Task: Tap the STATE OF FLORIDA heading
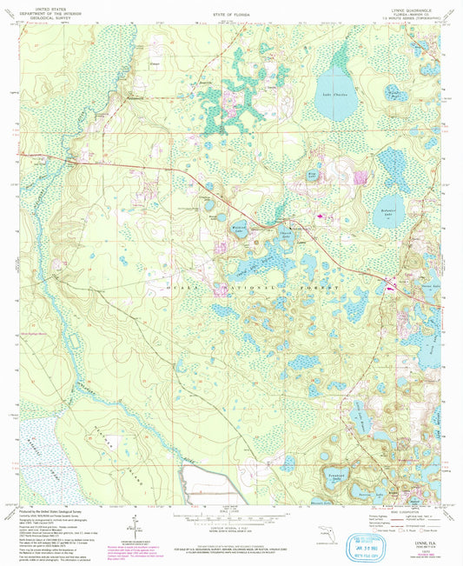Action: pyautogui.click(x=230, y=16)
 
